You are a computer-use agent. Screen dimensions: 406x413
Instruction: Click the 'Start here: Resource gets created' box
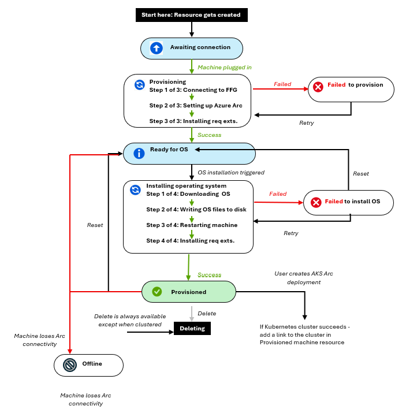click(x=191, y=15)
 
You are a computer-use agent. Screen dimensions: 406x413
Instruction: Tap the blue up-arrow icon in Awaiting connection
click(x=156, y=48)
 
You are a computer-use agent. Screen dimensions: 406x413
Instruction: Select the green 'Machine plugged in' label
click(x=224, y=68)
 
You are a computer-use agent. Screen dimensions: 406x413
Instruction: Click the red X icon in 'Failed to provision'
click(x=318, y=87)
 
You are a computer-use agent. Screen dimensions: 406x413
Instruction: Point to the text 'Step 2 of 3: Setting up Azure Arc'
click(x=196, y=105)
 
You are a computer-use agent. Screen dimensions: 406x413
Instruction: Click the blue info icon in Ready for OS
click(x=139, y=153)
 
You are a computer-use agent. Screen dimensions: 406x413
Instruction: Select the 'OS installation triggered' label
click(x=231, y=173)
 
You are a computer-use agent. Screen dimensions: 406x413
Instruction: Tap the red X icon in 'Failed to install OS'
click(x=316, y=202)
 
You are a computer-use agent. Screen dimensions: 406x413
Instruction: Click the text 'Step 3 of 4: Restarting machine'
click(x=192, y=225)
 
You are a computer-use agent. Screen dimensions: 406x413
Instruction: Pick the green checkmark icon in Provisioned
click(x=157, y=292)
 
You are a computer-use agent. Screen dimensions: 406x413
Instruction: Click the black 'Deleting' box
click(x=192, y=328)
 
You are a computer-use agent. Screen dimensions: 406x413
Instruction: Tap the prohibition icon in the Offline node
click(x=70, y=365)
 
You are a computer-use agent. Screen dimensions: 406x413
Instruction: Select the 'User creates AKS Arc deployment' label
click(x=304, y=278)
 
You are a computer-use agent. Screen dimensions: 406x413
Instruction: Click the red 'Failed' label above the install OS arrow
click(x=278, y=194)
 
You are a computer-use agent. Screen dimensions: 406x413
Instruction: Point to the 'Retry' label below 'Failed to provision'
click(x=307, y=123)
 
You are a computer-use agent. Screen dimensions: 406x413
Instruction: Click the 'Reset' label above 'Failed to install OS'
click(x=361, y=174)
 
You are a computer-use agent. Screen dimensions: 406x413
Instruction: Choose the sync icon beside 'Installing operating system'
click(x=135, y=190)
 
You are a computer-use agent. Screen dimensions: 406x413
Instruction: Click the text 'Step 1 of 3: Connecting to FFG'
click(x=193, y=90)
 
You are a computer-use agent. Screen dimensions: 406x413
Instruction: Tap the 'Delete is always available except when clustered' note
click(x=130, y=320)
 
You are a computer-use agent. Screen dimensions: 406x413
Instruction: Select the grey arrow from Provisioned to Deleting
click(x=192, y=314)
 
